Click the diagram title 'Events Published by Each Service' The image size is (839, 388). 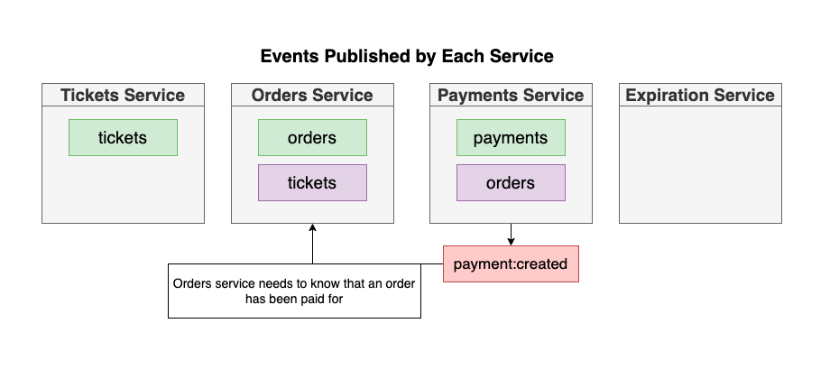tap(407, 56)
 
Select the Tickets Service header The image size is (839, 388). tap(123, 95)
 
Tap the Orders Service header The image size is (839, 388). tap(312, 95)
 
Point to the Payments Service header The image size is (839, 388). tap(511, 95)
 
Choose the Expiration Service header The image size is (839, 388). tap(700, 95)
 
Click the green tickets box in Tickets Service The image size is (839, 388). tap(123, 138)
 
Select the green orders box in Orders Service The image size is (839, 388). tap(312, 138)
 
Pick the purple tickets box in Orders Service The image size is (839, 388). tap(312, 182)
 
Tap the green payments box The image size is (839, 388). tap(511, 138)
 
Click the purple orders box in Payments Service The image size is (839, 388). tap(511, 182)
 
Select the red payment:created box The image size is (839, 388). tap(511, 264)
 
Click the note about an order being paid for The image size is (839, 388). tap(294, 291)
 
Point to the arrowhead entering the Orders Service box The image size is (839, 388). tap(312, 229)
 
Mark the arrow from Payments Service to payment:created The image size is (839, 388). tap(511, 236)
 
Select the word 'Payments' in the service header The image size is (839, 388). tap(475, 95)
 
